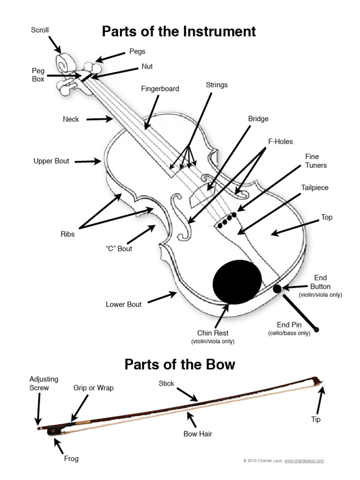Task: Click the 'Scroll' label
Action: coord(40,30)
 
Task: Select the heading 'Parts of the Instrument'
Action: coord(179,31)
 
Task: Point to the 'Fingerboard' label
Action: coord(160,89)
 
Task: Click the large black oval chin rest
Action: coord(237,281)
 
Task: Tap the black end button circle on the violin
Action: coord(277,288)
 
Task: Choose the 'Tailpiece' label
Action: coord(315,187)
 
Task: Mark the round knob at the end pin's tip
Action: coord(316,330)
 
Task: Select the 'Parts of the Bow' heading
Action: coord(180,365)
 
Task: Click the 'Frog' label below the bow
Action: coord(71,458)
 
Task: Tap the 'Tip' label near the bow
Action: coord(316,419)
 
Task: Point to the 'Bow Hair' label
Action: coord(198,434)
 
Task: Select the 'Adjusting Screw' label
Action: coord(39,383)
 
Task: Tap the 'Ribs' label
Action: coord(67,234)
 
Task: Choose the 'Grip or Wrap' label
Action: coord(93,388)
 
